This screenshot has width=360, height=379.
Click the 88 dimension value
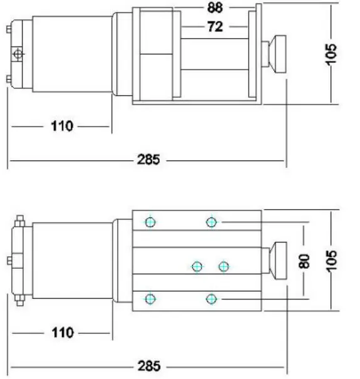[x=214, y=9]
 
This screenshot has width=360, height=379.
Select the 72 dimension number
[x=214, y=26]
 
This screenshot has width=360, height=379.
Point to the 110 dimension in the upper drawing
[x=61, y=127]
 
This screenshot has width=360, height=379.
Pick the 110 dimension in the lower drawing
[x=61, y=332]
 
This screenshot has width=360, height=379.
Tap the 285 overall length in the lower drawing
[x=148, y=365]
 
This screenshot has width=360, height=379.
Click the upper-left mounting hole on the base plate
[x=150, y=222]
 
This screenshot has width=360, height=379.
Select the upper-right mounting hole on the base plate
[x=212, y=222]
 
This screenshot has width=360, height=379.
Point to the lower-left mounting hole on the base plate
[x=150, y=298]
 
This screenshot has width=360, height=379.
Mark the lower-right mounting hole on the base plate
[x=212, y=298]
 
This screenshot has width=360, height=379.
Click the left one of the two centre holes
[x=197, y=267]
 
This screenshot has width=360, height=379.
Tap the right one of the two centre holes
[x=224, y=267]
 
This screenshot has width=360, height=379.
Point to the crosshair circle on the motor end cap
[x=18, y=55]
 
